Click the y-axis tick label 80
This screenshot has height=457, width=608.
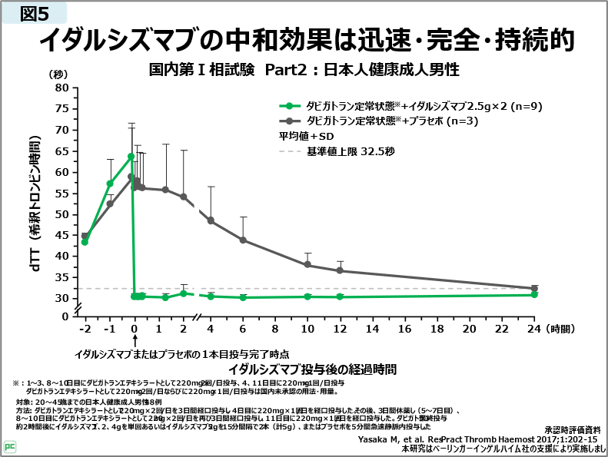[x=62, y=88]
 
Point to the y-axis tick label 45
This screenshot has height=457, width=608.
[x=62, y=235]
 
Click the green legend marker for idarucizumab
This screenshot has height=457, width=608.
[x=290, y=106]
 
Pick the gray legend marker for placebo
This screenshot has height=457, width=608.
[x=290, y=121]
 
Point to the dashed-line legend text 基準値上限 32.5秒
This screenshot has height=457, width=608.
[x=350, y=151]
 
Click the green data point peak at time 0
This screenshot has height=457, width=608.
[x=131, y=156]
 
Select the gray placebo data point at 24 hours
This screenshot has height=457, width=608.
[x=534, y=289]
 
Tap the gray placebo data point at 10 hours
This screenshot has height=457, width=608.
[x=307, y=265]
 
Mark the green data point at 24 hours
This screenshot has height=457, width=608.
[x=534, y=295]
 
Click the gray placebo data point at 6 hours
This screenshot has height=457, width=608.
[x=243, y=240]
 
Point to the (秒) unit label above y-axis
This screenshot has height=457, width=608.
[x=59, y=75]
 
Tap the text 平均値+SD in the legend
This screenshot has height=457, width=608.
[x=301, y=136]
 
